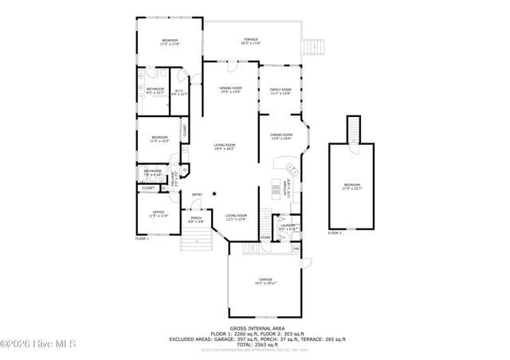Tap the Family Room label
(x=280, y=92)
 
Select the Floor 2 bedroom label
(x=351, y=186)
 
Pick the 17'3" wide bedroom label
(x=170, y=42)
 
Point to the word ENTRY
(x=197, y=195)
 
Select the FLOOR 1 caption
(x=142, y=238)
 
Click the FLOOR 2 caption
(x=335, y=233)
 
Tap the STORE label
(x=265, y=237)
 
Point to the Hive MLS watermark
(x=37, y=344)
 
